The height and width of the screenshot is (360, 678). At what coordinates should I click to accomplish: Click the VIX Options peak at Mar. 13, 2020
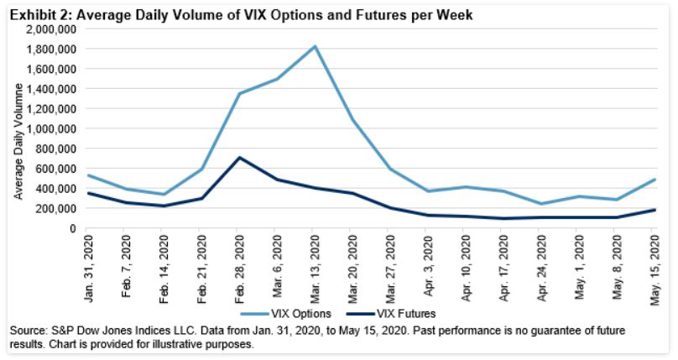(x=314, y=46)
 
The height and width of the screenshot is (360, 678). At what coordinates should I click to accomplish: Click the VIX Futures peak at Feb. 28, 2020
(x=238, y=158)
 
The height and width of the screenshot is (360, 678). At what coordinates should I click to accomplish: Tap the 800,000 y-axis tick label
(x=59, y=149)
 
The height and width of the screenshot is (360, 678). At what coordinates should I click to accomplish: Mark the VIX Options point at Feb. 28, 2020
(x=238, y=93)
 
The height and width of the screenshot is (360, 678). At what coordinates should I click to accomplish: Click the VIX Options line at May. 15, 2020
(x=654, y=180)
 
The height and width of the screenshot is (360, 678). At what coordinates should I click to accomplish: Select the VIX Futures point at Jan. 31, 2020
(x=88, y=194)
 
